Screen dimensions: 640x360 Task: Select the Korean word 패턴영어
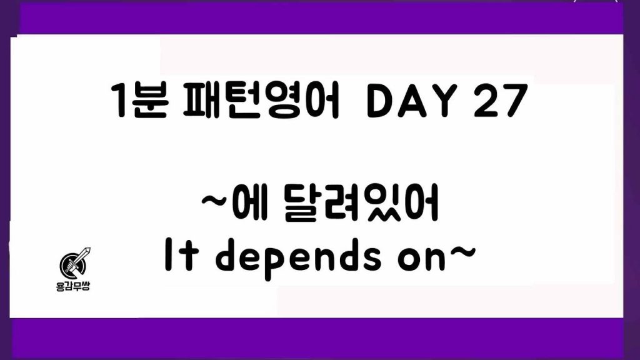point(261,101)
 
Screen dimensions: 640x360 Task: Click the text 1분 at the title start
point(139,101)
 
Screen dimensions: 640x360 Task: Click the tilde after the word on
point(461,252)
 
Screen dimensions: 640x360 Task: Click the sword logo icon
point(75,262)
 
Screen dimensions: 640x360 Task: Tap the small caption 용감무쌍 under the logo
point(72,286)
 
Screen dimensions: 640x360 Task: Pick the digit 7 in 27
point(515,101)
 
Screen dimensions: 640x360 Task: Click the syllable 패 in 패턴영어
point(200,101)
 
